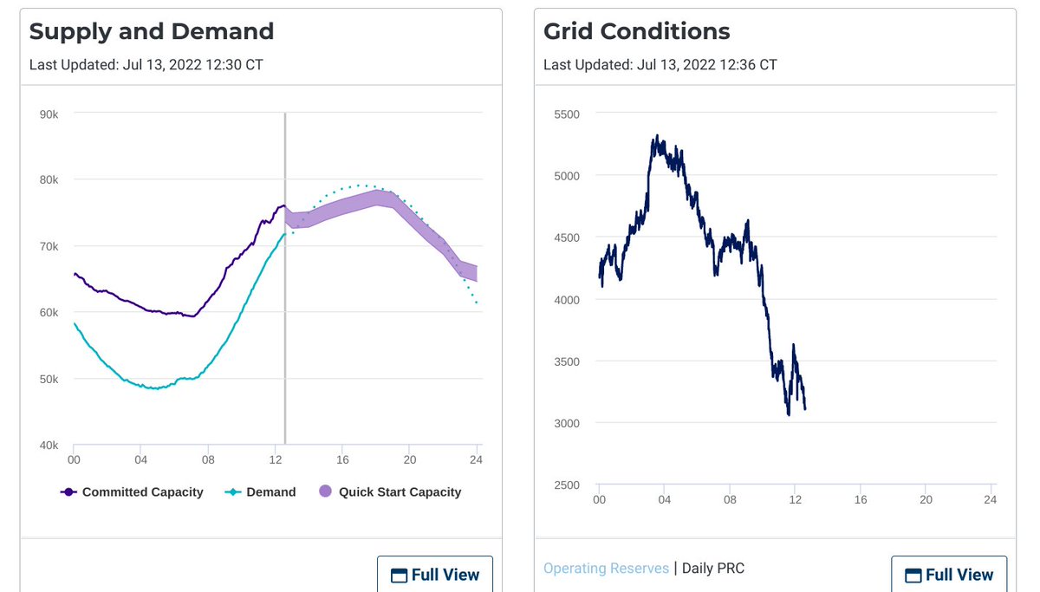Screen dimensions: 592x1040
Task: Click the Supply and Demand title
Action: (x=152, y=32)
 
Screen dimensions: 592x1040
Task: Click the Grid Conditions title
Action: (x=636, y=32)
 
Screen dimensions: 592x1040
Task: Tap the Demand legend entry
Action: (x=261, y=492)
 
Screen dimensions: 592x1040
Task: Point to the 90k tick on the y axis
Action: (x=49, y=114)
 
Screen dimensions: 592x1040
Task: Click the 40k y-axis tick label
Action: (x=49, y=446)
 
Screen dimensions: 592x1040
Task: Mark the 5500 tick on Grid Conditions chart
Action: (x=566, y=114)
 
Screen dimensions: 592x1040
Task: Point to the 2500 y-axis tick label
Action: (x=566, y=485)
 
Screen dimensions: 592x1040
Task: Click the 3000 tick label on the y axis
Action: (x=566, y=423)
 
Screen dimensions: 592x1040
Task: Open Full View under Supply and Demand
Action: (x=435, y=575)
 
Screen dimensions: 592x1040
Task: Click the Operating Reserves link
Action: (x=606, y=569)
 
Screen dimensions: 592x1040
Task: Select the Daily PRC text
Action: (x=712, y=569)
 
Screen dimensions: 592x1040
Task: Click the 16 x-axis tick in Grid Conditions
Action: (x=861, y=500)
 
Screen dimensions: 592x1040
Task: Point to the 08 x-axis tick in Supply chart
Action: (x=208, y=459)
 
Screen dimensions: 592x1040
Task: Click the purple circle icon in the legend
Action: (x=325, y=492)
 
